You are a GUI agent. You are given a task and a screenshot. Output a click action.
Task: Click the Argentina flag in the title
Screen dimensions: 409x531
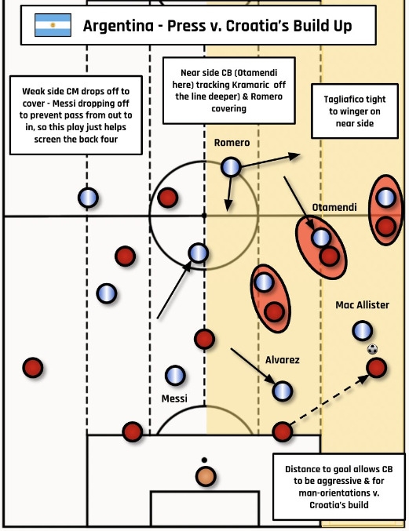click(x=53, y=25)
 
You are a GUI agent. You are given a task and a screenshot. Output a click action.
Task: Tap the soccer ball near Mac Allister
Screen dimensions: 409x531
click(x=372, y=349)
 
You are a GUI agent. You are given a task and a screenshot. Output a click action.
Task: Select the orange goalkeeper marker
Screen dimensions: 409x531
click(x=206, y=476)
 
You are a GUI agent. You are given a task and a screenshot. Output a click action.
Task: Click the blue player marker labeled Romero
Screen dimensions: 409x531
click(x=231, y=167)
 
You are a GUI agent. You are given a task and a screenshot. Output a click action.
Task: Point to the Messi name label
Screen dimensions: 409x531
click(x=174, y=398)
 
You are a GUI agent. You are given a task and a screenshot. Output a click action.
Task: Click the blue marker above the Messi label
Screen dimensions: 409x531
click(x=175, y=376)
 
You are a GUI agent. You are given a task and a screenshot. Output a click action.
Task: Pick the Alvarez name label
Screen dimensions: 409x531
click(x=283, y=360)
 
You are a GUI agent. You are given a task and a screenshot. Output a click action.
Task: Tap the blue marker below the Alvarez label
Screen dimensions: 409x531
click(x=283, y=391)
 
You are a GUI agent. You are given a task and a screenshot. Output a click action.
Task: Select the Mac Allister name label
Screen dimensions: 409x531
click(x=362, y=305)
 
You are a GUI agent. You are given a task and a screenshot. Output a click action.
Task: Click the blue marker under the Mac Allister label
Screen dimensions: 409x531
click(x=362, y=331)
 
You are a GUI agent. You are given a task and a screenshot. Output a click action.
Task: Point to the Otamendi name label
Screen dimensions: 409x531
click(x=334, y=207)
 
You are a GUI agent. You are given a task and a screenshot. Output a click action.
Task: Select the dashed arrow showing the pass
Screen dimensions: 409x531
click(x=330, y=399)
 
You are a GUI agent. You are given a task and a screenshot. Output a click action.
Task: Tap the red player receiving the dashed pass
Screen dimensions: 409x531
click(x=377, y=368)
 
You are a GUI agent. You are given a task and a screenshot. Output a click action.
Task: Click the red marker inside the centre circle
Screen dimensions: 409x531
click(x=168, y=198)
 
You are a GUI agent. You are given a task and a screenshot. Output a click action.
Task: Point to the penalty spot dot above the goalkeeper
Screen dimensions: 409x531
click(x=204, y=460)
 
